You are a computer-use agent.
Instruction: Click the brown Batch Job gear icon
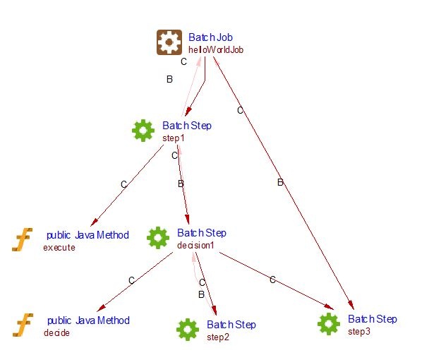169,42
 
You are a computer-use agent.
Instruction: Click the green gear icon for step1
143,130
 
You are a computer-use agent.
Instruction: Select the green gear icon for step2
187,329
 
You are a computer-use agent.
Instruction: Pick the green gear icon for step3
329,323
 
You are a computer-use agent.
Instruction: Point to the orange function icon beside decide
23,325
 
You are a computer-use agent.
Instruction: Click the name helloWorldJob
216,50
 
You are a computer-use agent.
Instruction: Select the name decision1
195,245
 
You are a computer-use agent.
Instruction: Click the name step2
218,337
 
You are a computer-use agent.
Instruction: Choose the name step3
359,331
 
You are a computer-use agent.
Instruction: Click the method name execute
59,248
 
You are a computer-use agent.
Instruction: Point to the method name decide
56,333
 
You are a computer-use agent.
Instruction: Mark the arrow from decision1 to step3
275,280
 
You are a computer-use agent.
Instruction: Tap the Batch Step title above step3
373,319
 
